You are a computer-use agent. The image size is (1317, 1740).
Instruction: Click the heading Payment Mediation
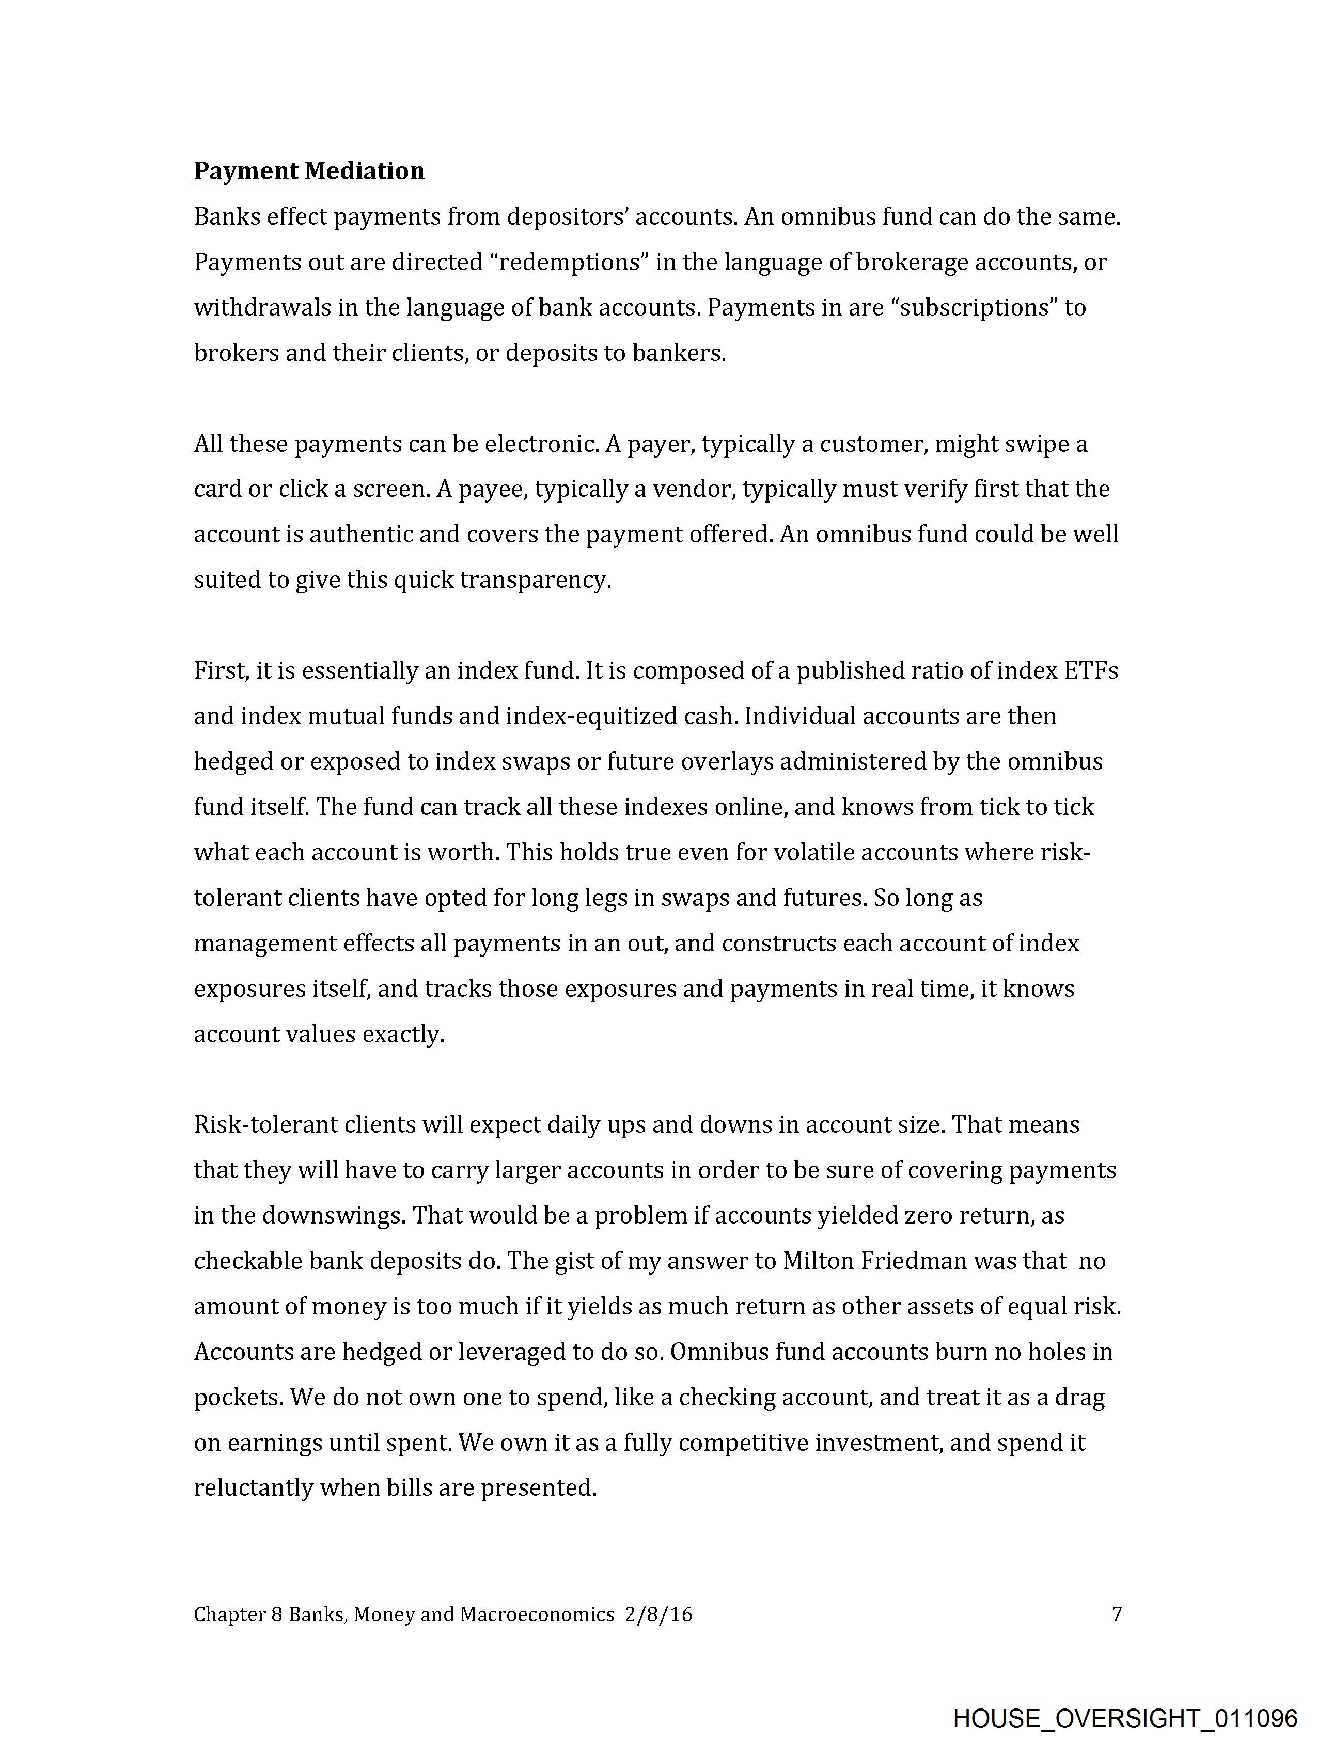(309, 171)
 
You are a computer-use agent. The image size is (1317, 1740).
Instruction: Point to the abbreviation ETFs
(1090, 671)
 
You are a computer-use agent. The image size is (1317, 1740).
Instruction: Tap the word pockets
(238, 1398)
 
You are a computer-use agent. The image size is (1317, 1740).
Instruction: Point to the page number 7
(1117, 1615)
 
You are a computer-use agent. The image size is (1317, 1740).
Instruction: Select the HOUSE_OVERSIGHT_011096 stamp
(1125, 1717)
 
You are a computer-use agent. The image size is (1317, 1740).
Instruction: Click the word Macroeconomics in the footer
(537, 1615)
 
